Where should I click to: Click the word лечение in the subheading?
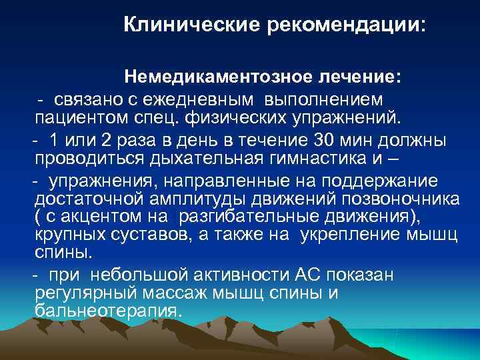tap(360, 77)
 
